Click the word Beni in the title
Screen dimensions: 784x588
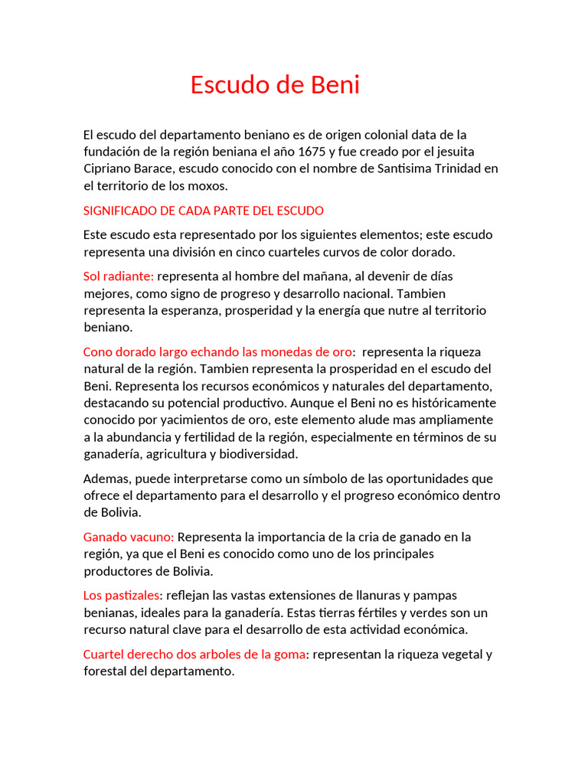335,85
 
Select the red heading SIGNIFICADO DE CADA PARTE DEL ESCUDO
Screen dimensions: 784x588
203,211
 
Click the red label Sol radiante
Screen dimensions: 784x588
118,276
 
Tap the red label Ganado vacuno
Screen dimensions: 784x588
128,537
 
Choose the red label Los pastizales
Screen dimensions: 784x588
122,595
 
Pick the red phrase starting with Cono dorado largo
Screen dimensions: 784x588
217,351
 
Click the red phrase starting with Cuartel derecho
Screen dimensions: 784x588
194,654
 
